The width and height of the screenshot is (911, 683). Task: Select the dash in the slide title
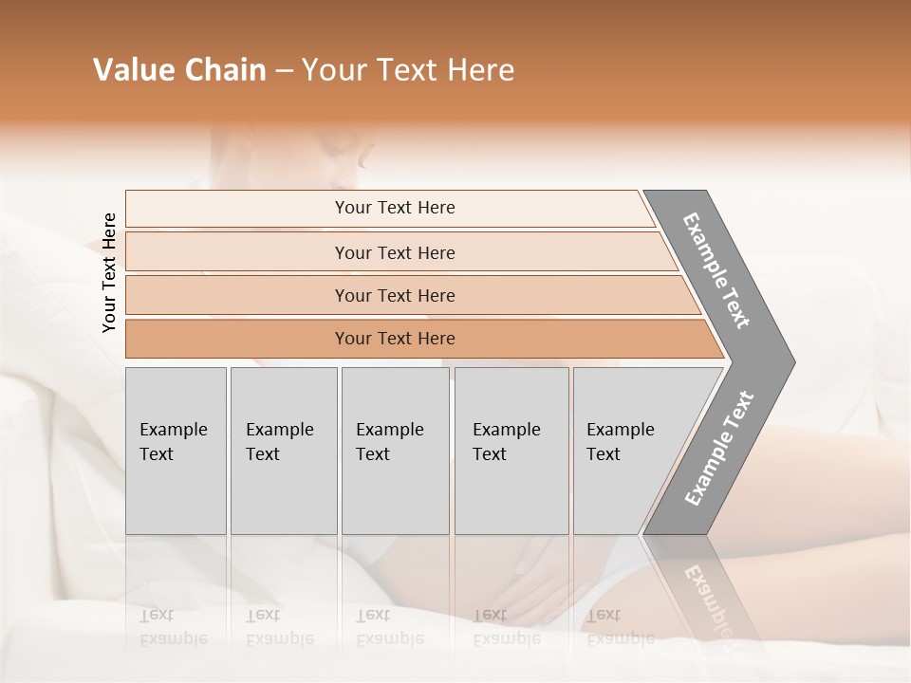click(284, 71)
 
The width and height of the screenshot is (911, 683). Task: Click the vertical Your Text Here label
click(109, 273)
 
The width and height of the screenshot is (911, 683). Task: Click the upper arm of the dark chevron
click(717, 271)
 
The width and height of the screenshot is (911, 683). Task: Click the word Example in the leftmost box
click(173, 430)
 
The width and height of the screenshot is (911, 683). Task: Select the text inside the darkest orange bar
click(395, 339)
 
